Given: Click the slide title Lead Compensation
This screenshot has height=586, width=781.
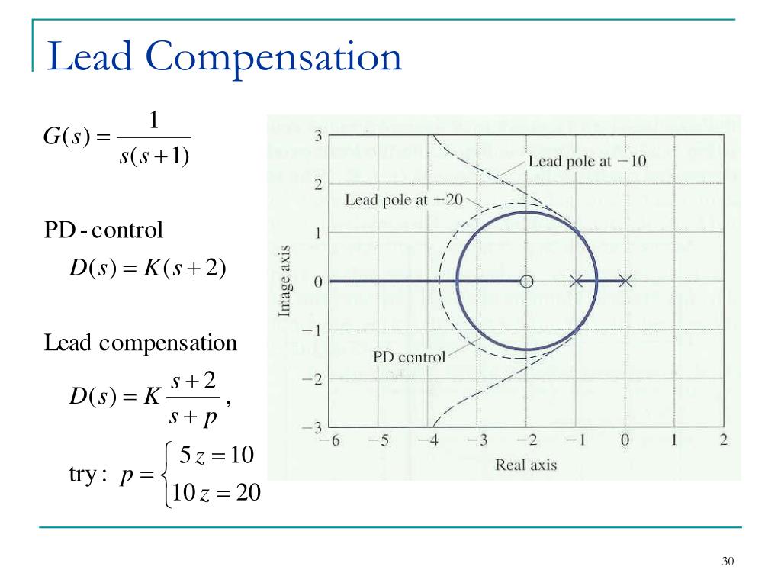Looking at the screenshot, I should [224, 58].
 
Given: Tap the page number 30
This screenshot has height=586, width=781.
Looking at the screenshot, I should [727, 562].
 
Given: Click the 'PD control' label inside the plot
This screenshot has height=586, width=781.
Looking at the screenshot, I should [409, 356].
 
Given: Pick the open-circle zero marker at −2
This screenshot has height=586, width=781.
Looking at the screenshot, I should [526, 282].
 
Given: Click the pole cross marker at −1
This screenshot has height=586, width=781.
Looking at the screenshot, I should [577, 282].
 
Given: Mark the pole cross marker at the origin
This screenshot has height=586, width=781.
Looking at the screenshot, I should [625, 282].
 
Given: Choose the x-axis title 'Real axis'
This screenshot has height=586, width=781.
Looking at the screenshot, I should [526, 464].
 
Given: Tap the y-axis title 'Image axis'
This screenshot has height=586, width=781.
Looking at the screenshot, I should [284, 281].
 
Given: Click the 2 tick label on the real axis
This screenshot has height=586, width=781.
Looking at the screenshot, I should [723, 440].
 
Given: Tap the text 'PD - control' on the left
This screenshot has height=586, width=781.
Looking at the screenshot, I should [104, 230].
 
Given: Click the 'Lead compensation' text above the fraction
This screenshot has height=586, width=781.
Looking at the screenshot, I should [140, 343].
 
